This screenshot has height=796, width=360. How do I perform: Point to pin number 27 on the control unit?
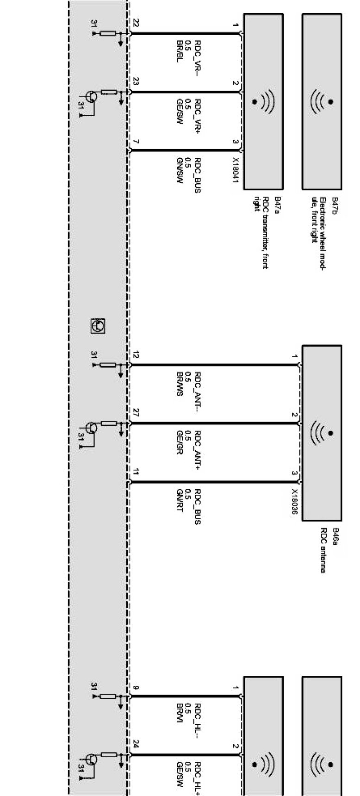136,413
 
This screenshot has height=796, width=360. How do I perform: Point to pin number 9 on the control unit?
136,688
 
